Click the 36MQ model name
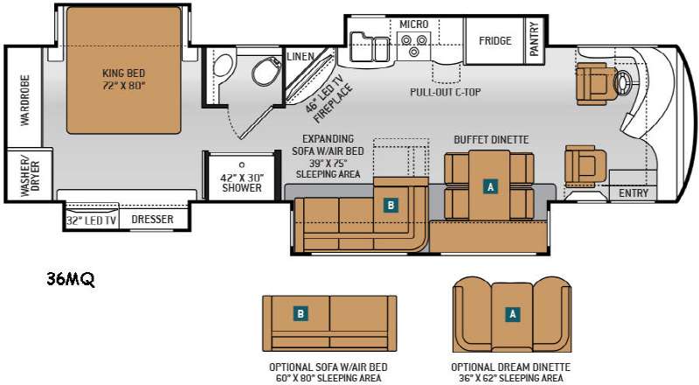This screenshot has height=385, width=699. pyautogui.click(x=71, y=280)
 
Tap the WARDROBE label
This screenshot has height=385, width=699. pyautogui.click(x=25, y=100)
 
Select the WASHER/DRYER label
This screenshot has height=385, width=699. pyautogui.click(x=30, y=176)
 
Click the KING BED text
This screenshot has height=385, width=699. pyautogui.click(x=123, y=73)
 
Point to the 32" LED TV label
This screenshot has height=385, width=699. pyautogui.click(x=91, y=220)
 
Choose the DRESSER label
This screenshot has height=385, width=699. pyautogui.click(x=152, y=220)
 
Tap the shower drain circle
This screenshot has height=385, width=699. pyautogui.click(x=242, y=164)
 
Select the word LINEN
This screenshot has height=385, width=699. pyautogui.click(x=301, y=57)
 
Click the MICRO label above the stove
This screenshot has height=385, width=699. pyautogui.click(x=413, y=24)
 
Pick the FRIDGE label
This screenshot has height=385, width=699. pyautogui.click(x=495, y=40)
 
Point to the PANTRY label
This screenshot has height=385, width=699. pyautogui.click(x=534, y=38)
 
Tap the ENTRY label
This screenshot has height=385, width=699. pyautogui.click(x=633, y=193)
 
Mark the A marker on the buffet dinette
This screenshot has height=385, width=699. pyautogui.click(x=491, y=186)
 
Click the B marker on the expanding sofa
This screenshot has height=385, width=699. pyautogui.click(x=391, y=205)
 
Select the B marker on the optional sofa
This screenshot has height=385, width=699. pyautogui.click(x=301, y=313)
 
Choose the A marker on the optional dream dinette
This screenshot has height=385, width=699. pyautogui.click(x=513, y=314)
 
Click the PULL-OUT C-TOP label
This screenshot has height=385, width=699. pyautogui.click(x=446, y=93)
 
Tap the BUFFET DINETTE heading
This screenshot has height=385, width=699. pyautogui.click(x=491, y=140)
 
